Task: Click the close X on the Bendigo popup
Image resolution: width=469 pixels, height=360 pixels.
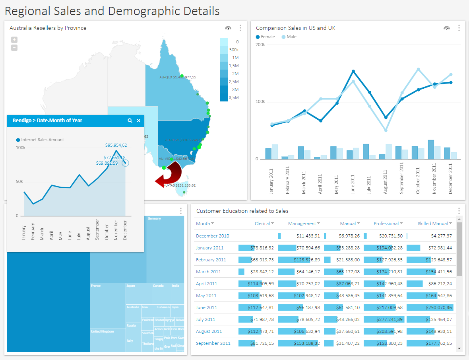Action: pos(139,121)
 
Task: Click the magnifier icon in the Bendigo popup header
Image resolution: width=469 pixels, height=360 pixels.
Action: pos(130,121)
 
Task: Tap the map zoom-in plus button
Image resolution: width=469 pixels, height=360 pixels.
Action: pos(14,40)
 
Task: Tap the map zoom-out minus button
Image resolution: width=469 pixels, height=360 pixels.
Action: pos(14,48)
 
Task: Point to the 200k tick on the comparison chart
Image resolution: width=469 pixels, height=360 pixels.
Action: pos(260,45)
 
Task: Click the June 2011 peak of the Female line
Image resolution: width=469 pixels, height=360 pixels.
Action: pos(353,71)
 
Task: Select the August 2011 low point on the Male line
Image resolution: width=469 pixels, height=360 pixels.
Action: pos(386,130)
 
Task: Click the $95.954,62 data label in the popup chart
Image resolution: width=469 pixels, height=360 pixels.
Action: pos(116,145)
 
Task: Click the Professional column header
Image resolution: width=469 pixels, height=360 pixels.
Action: pos(386,224)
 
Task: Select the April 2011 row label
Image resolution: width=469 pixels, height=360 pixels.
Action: pos(206,284)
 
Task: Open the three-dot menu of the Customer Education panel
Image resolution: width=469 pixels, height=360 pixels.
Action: pos(459,211)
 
